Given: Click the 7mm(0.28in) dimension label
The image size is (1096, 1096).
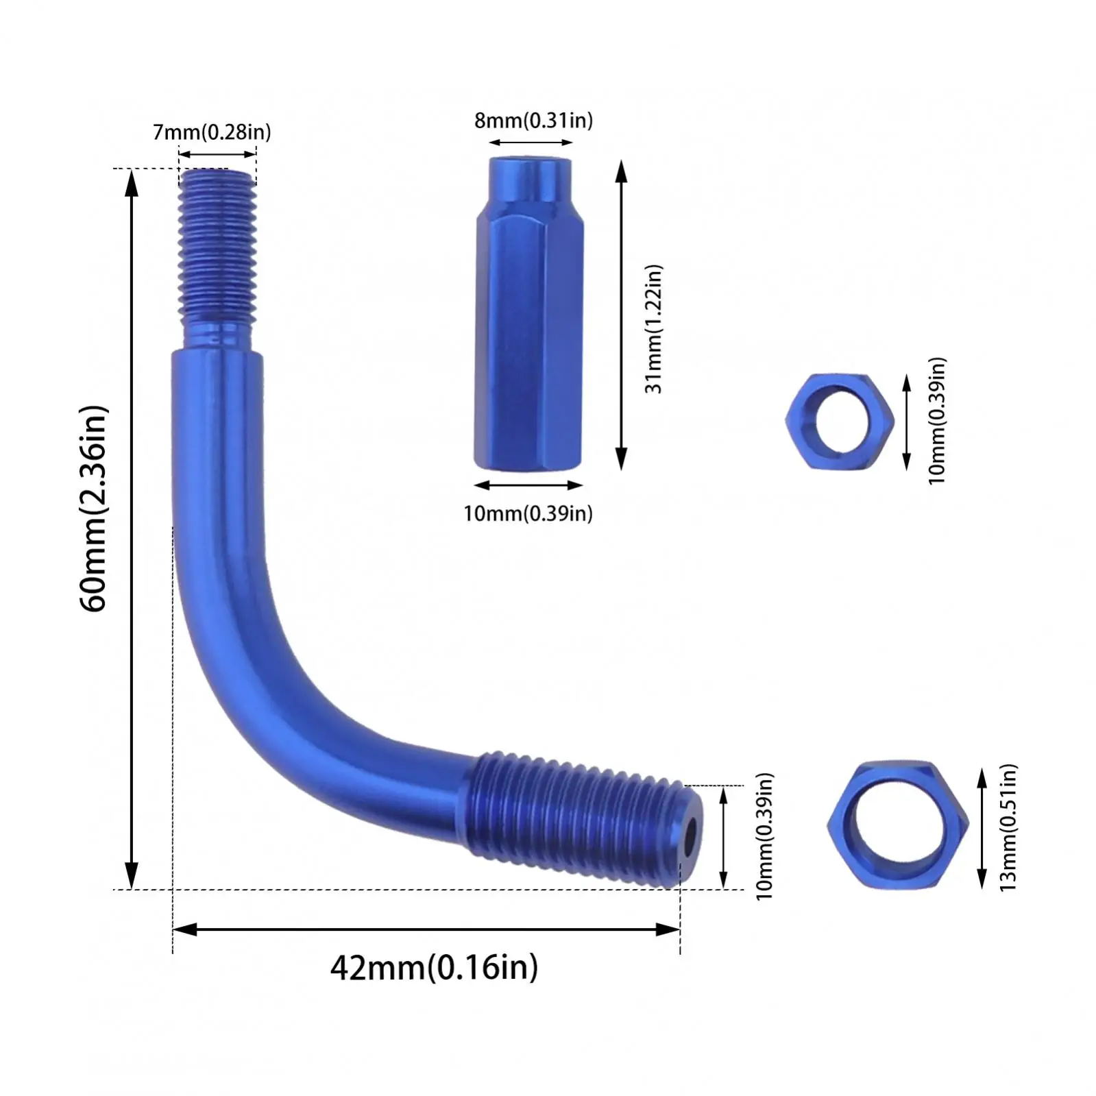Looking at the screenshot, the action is pos(212,132).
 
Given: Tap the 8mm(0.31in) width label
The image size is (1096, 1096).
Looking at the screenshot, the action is pos(533,121).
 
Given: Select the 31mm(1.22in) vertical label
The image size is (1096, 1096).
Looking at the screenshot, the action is pos(655,328).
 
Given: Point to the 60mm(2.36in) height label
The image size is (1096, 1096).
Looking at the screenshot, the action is pos(94,509).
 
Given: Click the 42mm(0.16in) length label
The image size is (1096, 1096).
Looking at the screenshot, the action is pos(434,968).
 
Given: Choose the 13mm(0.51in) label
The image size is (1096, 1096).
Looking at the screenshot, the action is pos(1008,827).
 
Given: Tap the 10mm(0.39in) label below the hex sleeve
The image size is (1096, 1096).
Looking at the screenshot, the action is pos(528,513).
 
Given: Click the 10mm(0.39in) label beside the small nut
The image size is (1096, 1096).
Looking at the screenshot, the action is pos(937,420).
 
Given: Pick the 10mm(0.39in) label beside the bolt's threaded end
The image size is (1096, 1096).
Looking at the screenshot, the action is pos(764,836).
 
